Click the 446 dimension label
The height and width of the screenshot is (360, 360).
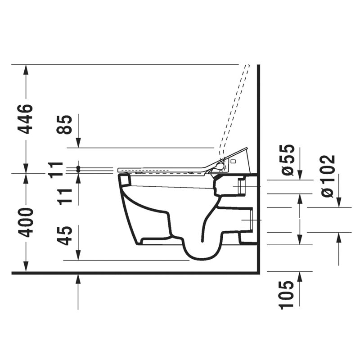point(26,119)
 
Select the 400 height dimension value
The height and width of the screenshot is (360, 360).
point(26,223)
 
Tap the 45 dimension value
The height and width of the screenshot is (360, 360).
point(66,235)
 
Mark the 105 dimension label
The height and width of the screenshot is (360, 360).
point(287,294)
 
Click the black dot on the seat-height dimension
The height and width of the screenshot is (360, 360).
point(78,170)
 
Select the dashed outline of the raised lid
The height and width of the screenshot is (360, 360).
point(234,108)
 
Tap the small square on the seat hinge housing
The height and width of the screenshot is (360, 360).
point(233,160)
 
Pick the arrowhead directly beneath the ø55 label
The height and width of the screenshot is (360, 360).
point(301,178)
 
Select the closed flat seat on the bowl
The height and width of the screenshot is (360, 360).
point(162,171)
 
